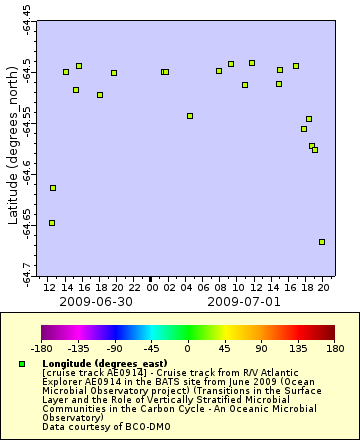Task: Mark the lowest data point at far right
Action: point(322,242)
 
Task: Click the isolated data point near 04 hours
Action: point(190,116)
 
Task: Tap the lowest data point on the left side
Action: point(52,223)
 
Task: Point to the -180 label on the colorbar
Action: point(41,350)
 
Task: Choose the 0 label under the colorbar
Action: point(188,350)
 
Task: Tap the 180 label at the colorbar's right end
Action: point(334,350)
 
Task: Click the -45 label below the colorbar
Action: point(151,350)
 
